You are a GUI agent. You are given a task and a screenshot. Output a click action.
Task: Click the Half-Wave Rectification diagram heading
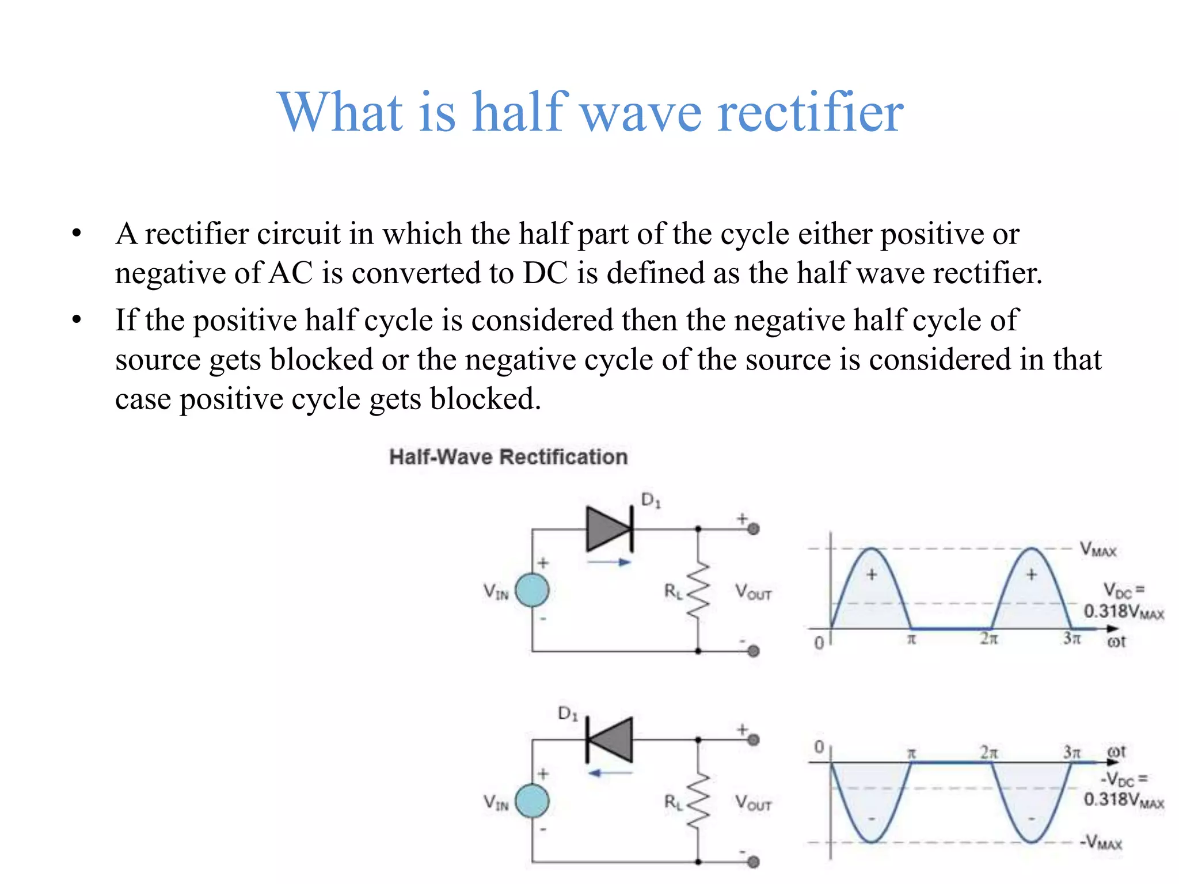[508, 457]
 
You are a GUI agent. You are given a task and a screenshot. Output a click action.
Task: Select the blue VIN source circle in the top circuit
[531, 590]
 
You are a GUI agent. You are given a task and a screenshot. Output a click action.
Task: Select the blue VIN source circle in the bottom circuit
[531, 801]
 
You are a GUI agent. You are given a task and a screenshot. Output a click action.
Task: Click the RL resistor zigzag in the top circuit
[698, 591]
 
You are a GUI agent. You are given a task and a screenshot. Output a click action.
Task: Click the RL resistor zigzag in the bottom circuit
[698, 802]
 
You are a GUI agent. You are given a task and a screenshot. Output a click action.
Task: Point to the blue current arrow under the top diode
[609, 562]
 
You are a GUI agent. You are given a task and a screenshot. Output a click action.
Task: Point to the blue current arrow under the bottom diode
[609, 773]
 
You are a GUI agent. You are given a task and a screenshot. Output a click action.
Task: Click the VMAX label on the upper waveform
[1098, 549]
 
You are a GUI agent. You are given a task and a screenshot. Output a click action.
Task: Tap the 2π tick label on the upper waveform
[989, 639]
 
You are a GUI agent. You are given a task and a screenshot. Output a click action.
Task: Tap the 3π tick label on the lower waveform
[1071, 752]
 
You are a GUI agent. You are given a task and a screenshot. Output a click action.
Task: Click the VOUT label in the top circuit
[753, 592]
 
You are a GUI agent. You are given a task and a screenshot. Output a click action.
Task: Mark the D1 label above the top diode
[651, 500]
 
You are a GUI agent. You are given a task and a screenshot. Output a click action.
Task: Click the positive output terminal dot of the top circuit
[753, 529]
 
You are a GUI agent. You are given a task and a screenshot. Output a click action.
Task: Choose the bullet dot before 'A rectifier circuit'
[77, 234]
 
